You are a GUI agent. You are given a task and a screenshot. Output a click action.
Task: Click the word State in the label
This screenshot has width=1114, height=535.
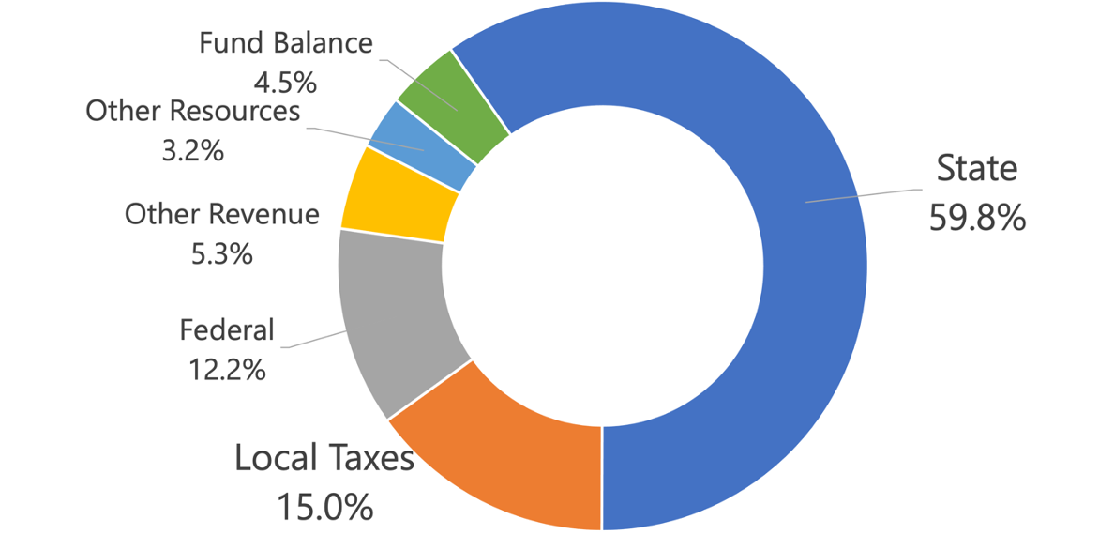tap(977, 169)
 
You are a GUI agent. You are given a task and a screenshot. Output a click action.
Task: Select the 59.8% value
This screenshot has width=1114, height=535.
tap(977, 218)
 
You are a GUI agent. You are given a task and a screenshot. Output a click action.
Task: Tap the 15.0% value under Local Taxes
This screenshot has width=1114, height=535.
tap(324, 507)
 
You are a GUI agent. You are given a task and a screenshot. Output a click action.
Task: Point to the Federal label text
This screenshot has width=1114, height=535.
tap(227, 330)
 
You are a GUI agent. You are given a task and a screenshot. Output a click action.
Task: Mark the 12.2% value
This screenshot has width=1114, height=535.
tap(227, 370)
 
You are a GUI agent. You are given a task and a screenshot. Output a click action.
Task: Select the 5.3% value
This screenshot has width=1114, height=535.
tap(221, 253)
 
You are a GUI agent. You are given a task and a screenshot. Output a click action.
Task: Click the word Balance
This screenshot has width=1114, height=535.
tap(323, 43)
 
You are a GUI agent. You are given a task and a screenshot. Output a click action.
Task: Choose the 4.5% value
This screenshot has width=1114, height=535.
tap(286, 83)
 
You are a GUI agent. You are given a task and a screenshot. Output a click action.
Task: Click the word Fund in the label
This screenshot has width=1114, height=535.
tap(233, 43)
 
